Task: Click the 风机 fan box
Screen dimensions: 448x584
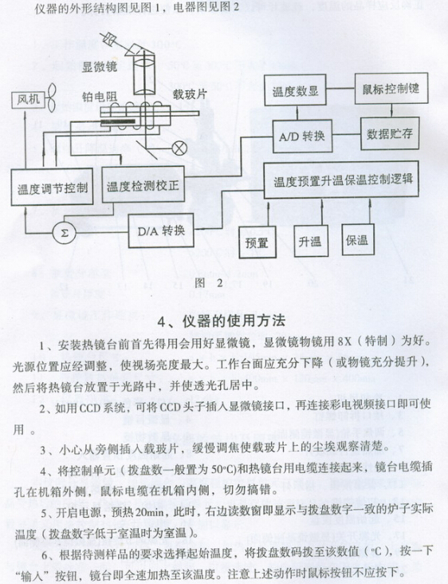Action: point(28,100)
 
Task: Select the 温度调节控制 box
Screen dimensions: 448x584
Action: point(52,187)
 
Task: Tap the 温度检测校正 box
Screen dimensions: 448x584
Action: point(143,184)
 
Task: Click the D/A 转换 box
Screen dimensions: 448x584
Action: point(161,231)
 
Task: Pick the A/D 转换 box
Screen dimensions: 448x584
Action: point(302,136)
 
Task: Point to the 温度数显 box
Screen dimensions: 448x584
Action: point(296,90)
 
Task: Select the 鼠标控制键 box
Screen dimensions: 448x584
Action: point(391,89)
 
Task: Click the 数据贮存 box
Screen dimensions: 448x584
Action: point(391,134)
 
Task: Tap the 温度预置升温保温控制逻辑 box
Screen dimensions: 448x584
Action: point(341,180)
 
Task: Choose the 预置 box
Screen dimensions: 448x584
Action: point(257,243)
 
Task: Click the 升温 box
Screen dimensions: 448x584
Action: point(311,241)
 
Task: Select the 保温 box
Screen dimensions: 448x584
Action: point(358,239)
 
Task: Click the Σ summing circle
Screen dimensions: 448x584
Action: point(64,233)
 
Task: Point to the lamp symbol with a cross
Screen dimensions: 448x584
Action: point(179,148)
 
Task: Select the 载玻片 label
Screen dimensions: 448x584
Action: point(190,94)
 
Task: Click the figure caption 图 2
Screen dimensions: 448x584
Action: point(209,283)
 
